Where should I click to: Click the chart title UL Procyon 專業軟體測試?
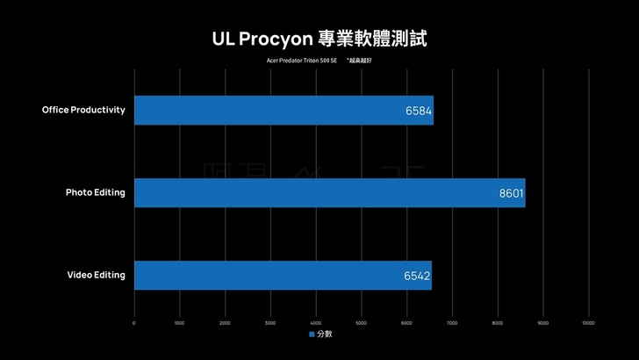(x=319, y=39)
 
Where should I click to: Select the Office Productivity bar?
(x=284, y=111)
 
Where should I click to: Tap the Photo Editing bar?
(x=329, y=193)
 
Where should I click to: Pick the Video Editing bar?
(x=283, y=275)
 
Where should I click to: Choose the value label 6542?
(x=417, y=276)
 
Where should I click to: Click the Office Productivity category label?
(x=84, y=110)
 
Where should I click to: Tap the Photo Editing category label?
(x=96, y=192)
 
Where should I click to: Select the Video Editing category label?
(x=97, y=275)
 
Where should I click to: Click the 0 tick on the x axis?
(x=134, y=323)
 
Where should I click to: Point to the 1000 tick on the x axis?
(x=179, y=323)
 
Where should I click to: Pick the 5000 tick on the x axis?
(x=361, y=323)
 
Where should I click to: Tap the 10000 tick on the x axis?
(x=588, y=323)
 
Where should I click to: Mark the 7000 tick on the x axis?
(x=452, y=323)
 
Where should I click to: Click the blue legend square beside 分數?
(x=312, y=335)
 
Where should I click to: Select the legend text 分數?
(x=324, y=335)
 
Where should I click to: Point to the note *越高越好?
(x=359, y=61)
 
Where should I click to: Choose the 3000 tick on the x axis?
(x=270, y=323)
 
